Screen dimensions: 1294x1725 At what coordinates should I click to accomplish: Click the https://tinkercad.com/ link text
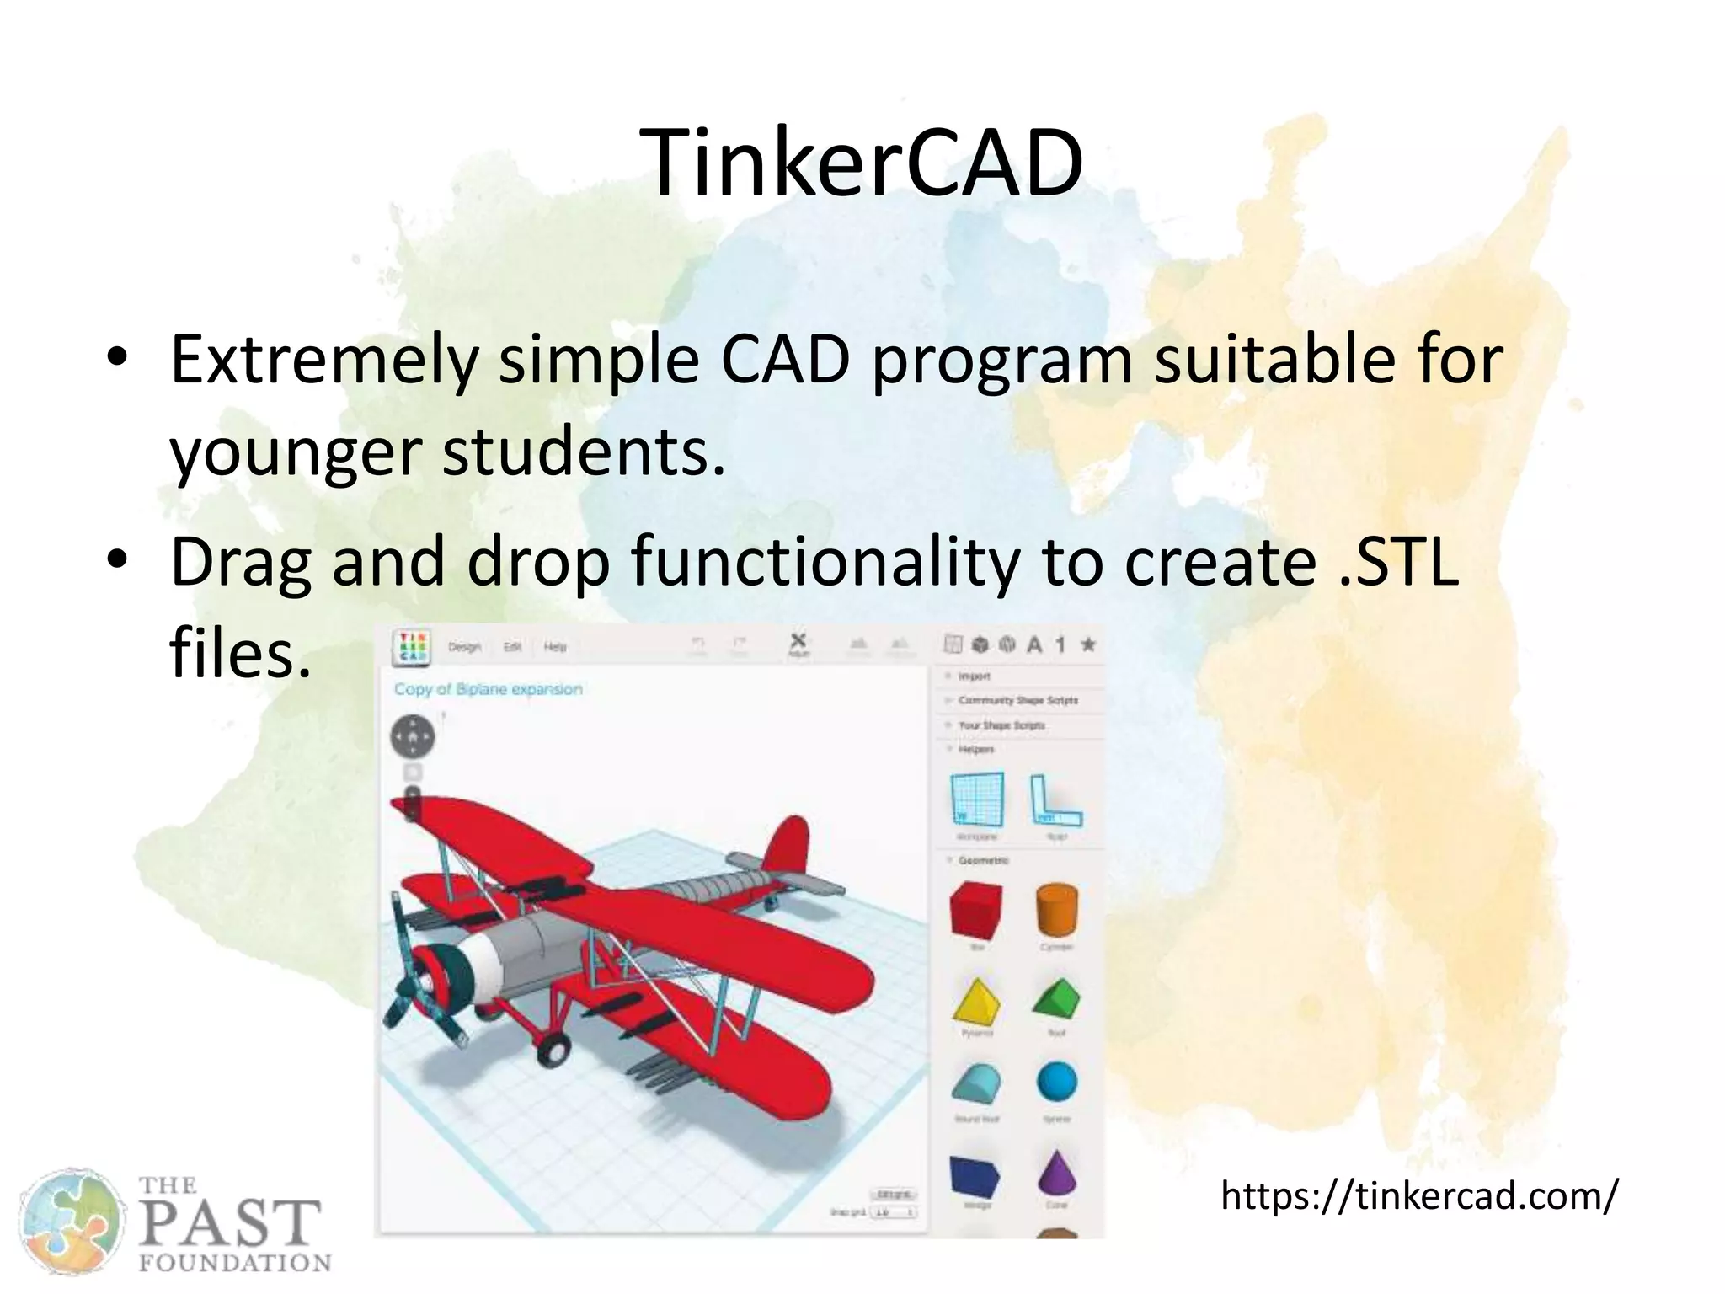pyautogui.click(x=1419, y=1195)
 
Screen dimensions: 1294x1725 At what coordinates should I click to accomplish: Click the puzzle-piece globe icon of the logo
pyautogui.click(x=72, y=1222)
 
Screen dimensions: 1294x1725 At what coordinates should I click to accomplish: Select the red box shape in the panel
pyautogui.click(x=975, y=910)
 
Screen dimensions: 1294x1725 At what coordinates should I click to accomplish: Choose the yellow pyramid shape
pyautogui.click(x=977, y=1001)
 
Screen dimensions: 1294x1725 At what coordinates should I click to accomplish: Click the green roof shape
pyautogui.click(x=1056, y=998)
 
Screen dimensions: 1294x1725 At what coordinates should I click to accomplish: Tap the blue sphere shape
pyautogui.click(x=1057, y=1082)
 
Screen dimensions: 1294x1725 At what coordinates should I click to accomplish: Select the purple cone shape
pyautogui.click(x=1057, y=1172)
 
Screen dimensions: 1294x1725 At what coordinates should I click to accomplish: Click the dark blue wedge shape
pyautogui.click(x=975, y=1175)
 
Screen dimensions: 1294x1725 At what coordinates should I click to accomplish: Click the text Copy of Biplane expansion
pyautogui.click(x=489, y=689)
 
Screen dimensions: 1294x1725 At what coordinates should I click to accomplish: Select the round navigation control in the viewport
pyautogui.click(x=413, y=737)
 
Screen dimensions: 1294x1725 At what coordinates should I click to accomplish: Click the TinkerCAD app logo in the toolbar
pyautogui.click(x=412, y=647)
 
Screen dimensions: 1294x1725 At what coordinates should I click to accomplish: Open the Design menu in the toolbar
pyautogui.click(x=464, y=647)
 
